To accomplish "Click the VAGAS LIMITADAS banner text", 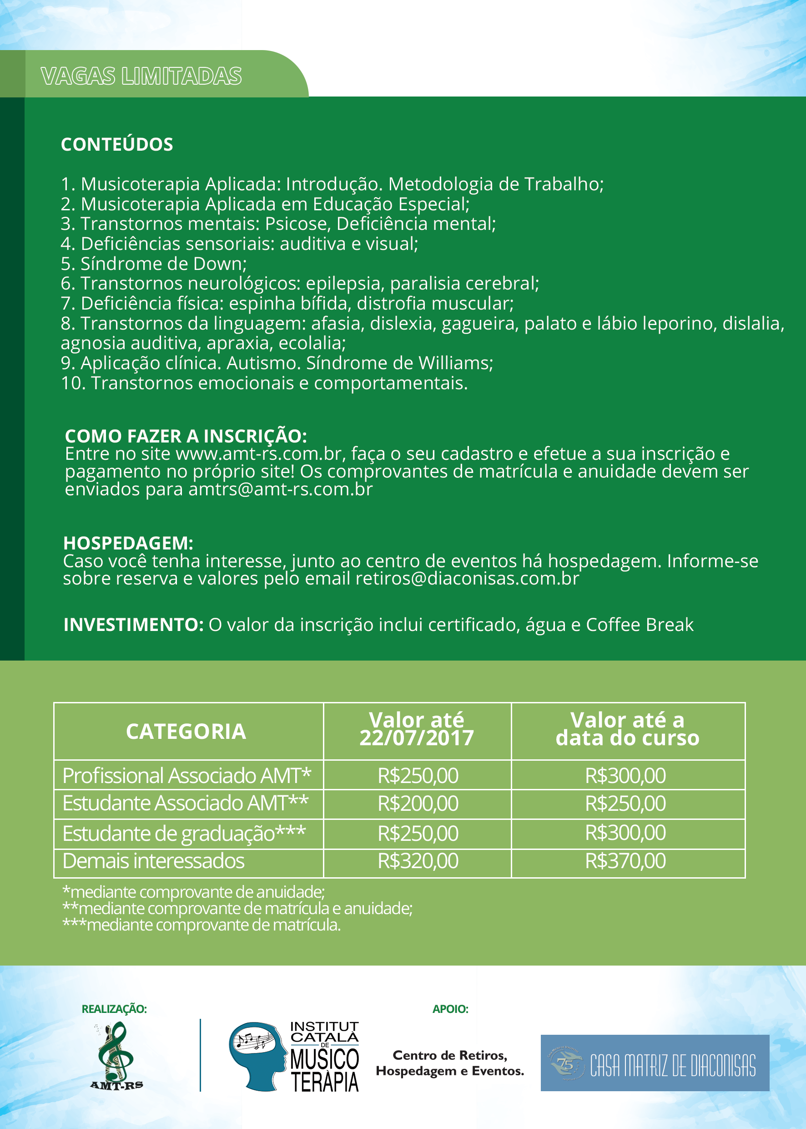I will pos(141,76).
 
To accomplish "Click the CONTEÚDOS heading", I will pos(116,145).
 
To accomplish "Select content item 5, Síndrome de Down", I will pos(154,264).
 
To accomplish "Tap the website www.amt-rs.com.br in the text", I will pos(258,453).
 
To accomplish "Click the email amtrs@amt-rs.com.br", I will pos(280,490).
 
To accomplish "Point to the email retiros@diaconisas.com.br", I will pos(467,579).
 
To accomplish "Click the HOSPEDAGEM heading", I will pos(128,544).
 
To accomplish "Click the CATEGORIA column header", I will pos(186,732).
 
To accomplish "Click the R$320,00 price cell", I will pos(418,861).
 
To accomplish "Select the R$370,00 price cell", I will pos(625,861).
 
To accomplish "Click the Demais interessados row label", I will pos(153,861).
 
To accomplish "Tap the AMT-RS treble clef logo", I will pos(116,1056).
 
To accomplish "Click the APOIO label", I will pos(450,1009).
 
